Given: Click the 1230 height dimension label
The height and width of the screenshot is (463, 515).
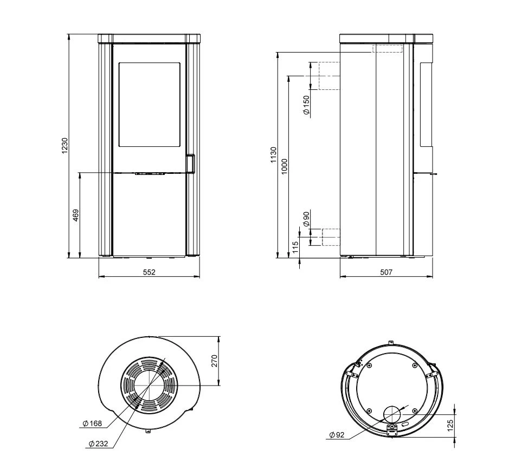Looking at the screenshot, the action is coord(65,146).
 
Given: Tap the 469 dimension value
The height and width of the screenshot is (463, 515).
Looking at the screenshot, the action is coord(75,216).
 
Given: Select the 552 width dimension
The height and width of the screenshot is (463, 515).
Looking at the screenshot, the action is coord(149,272).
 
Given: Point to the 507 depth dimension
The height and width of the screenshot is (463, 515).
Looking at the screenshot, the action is coord(386,272).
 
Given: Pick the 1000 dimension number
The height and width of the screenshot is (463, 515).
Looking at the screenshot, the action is coord(285,167).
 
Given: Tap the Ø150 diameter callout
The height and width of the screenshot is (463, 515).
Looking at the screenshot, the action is coord(306,105).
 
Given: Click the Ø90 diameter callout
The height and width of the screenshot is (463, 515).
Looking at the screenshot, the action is coord(306,219).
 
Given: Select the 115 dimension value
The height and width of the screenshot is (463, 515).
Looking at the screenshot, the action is coord(295,247).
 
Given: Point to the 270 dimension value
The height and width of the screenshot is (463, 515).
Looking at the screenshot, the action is coord(215,361).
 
